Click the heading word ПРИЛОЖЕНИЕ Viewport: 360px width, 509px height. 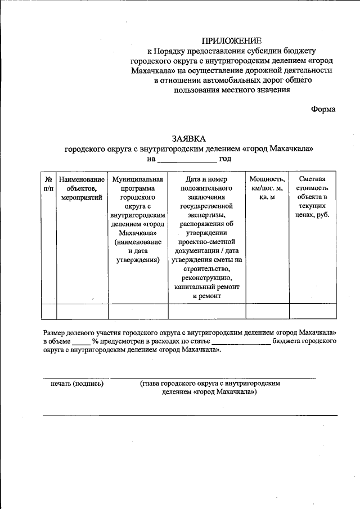tap(232, 40)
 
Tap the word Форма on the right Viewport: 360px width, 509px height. tap(323, 109)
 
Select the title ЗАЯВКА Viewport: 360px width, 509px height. tap(189, 138)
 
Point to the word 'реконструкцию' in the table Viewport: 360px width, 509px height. tap(207, 277)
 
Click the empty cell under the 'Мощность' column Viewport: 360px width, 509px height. tap(267, 311)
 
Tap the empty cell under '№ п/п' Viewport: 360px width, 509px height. tap(49, 311)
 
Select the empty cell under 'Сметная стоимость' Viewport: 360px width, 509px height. tap(313, 311)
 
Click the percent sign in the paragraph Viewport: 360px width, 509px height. tap(95, 341)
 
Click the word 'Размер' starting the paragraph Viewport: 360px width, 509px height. tap(56, 332)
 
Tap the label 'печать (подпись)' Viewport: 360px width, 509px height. tap(77, 383)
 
